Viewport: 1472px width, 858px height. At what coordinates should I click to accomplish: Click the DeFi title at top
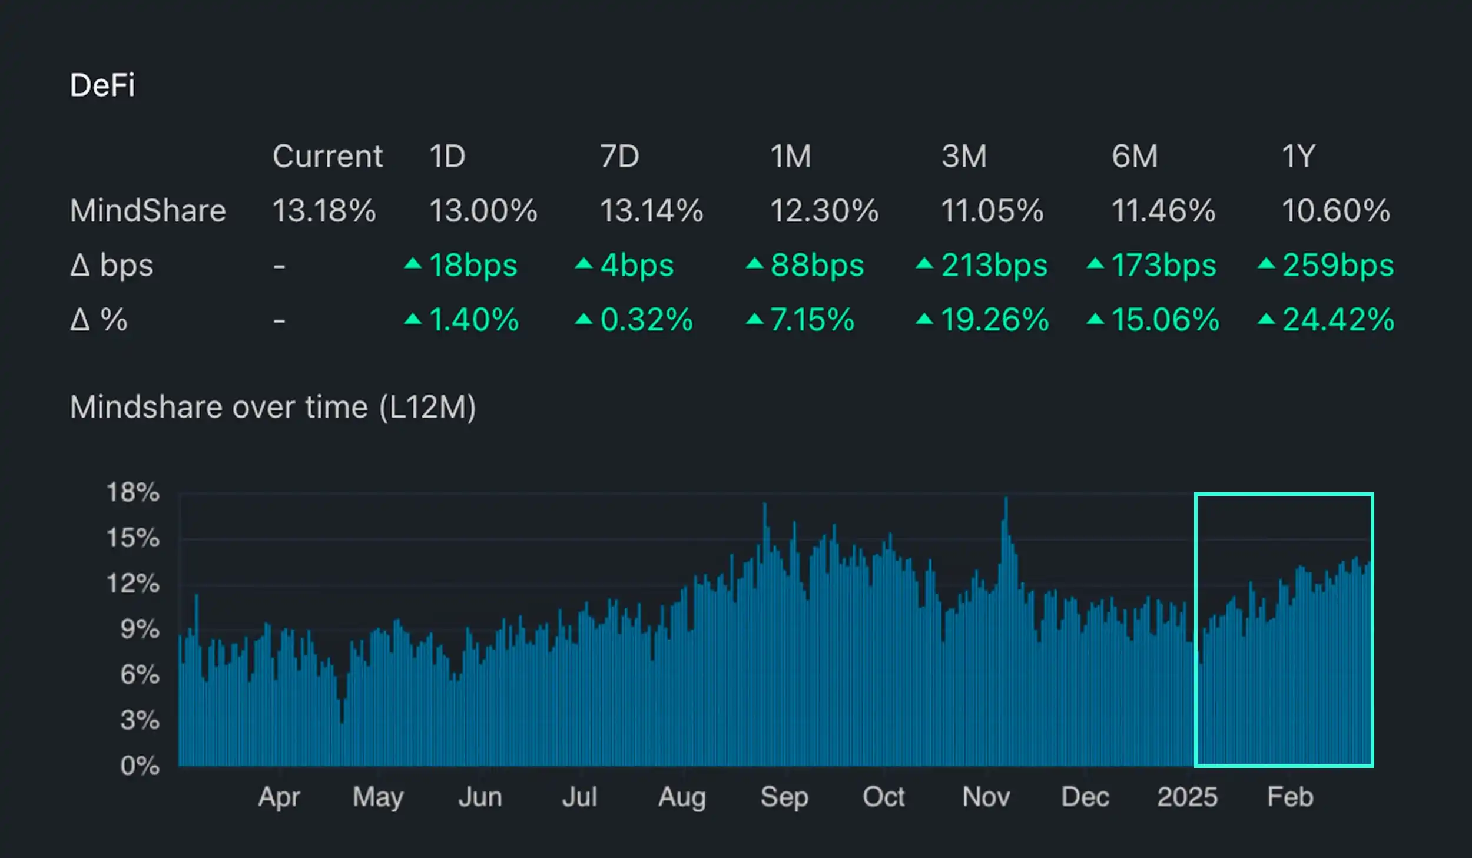(x=102, y=85)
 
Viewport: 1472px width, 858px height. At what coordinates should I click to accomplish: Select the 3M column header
(x=964, y=157)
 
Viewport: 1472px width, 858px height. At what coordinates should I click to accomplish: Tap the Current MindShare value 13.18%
(x=324, y=211)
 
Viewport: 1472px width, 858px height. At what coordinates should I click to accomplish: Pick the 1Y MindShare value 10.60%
(x=1336, y=211)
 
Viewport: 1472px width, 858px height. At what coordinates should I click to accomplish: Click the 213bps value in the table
(x=994, y=265)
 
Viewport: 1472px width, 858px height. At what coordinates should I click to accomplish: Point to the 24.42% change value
(x=1338, y=320)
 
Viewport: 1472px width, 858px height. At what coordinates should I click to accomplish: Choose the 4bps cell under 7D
(x=636, y=265)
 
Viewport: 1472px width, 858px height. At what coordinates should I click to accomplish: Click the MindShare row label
(x=148, y=211)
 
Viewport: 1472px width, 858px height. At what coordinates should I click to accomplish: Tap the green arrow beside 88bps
(x=754, y=263)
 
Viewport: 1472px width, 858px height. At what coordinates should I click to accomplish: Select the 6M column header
(x=1135, y=157)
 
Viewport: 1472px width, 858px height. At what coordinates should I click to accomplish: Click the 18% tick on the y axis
(x=132, y=492)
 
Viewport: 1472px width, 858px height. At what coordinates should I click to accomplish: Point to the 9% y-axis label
(x=140, y=630)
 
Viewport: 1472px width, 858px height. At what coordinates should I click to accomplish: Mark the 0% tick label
(x=140, y=766)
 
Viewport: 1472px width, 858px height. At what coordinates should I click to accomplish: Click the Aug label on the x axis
(x=682, y=797)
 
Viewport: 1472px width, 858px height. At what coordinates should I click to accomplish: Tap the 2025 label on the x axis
(x=1187, y=797)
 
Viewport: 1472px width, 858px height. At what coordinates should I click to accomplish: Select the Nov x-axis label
(x=986, y=797)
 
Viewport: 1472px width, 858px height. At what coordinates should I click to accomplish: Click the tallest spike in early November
(x=1006, y=501)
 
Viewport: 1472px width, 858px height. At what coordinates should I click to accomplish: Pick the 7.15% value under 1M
(x=812, y=320)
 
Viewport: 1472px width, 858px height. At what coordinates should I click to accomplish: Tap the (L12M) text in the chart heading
(x=427, y=407)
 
